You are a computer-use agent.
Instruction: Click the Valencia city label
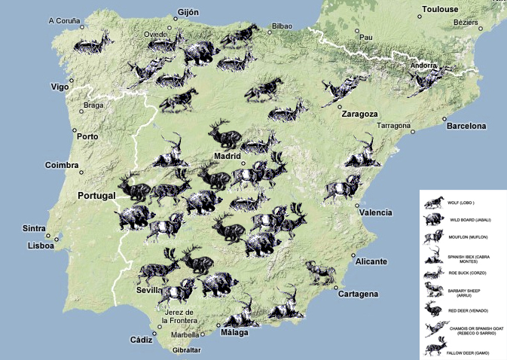pyautogui.click(x=376, y=212)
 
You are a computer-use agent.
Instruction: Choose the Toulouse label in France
pyautogui.click(x=441, y=9)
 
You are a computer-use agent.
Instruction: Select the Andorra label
pyautogui.click(x=423, y=66)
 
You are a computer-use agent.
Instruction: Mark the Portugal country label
pyautogui.click(x=96, y=195)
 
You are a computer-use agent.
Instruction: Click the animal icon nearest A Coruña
pyautogui.click(x=91, y=42)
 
